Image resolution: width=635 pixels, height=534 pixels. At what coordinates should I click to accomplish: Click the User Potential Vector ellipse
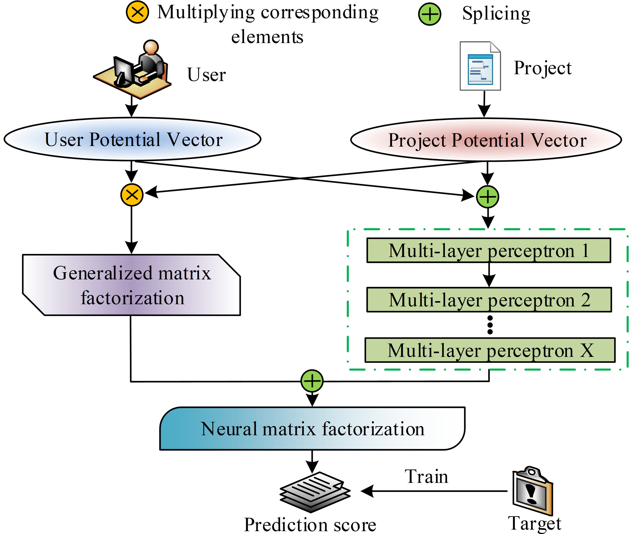132,139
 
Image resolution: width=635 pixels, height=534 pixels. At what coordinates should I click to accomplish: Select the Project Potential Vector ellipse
486,140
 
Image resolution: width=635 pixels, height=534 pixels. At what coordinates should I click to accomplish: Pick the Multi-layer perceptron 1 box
488,250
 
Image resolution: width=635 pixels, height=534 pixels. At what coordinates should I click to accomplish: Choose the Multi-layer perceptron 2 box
489,300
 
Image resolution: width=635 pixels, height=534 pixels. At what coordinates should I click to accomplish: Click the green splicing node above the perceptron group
487,197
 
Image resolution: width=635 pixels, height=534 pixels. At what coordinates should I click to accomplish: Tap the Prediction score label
310,525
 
